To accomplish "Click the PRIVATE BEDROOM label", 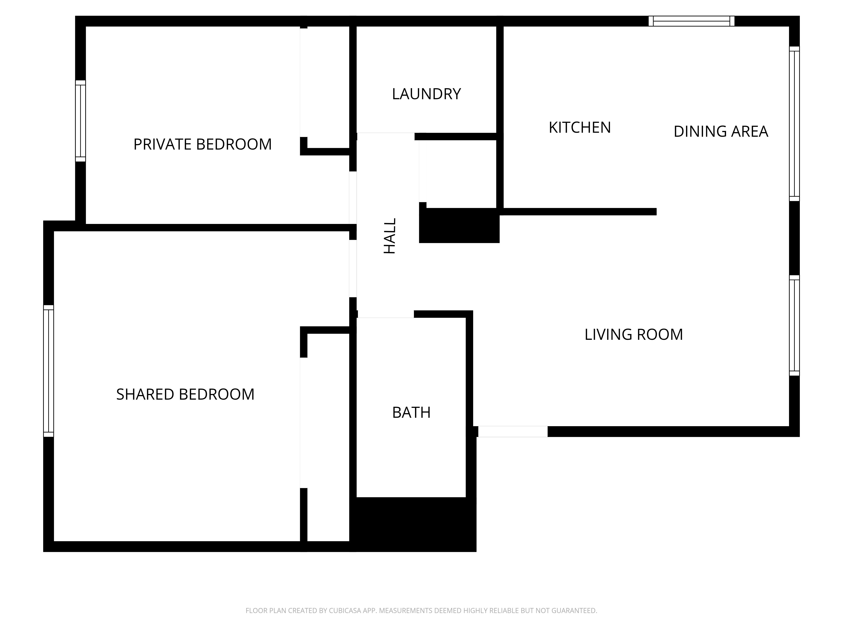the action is (x=202, y=144).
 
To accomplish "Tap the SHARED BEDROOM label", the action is (x=185, y=394).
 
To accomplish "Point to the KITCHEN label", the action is (x=580, y=128).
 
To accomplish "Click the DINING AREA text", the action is (x=721, y=131).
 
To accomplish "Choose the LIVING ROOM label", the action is (x=634, y=335).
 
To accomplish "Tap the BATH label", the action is (x=411, y=412).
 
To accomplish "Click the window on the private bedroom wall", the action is (x=81, y=121).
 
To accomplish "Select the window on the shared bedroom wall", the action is (x=48, y=371).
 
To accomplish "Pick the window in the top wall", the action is (x=691, y=21).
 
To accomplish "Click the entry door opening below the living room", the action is (x=513, y=432).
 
